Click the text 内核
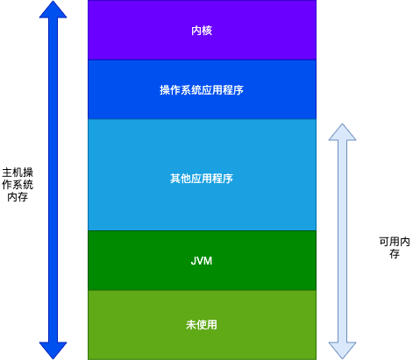pyautogui.click(x=202, y=31)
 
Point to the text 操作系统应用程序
pyautogui.click(x=202, y=90)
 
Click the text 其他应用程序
pyautogui.click(x=202, y=179)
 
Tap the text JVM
pyautogui.click(x=202, y=261)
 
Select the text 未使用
pyautogui.click(x=202, y=325)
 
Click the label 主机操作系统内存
pyautogui.click(x=18, y=185)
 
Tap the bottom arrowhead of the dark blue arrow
pyautogui.click(x=53, y=348)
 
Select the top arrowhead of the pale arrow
pyautogui.click(x=341, y=132)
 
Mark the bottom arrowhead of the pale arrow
pyautogui.click(x=341, y=348)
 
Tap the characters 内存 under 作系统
pyautogui.click(x=18, y=198)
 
